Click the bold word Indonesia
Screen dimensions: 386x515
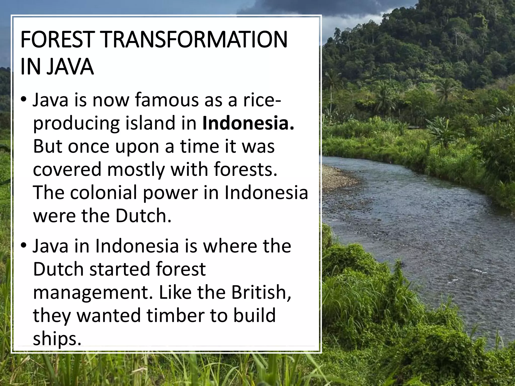point(248,123)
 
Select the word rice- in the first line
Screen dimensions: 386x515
point(262,100)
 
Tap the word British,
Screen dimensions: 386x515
point(261,292)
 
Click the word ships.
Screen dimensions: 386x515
point(57,339)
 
